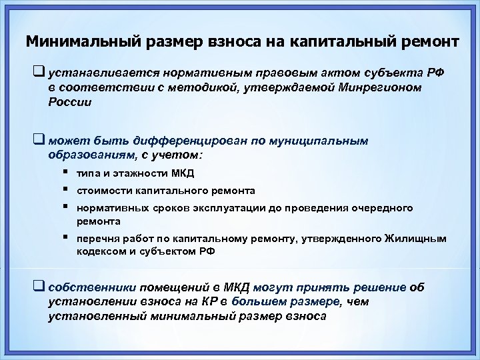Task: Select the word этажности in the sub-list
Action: [138, 174]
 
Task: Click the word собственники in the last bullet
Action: [93, 287]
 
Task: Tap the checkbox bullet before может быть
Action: [37, 141]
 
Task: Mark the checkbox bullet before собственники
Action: [37, 287]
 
